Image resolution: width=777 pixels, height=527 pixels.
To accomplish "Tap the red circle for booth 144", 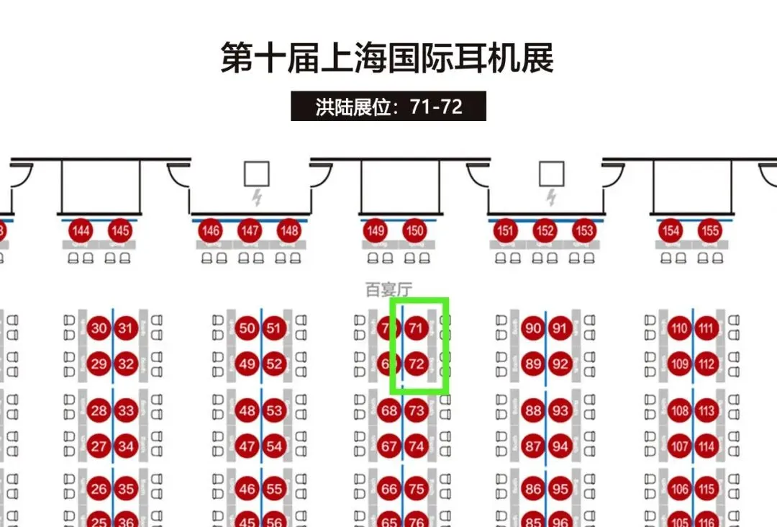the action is [x=81, y=231].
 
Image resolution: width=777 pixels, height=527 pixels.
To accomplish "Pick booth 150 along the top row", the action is [x=414, y=231].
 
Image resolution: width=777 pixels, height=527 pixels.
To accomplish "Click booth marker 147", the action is [x=250, y=231].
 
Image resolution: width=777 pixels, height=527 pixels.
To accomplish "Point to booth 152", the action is [x=545, y=231].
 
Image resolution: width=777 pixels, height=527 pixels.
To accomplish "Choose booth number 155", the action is [x=710, y=231].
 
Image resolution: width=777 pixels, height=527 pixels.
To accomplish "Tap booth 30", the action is [x=99, y=329].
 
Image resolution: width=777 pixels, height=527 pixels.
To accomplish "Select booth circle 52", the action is [x=274, y=364].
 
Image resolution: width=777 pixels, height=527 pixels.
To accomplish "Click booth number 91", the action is [x=560, y=329].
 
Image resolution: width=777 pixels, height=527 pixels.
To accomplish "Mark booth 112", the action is [x=706, y=364].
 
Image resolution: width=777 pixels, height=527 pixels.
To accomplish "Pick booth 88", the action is [x=533, y=411].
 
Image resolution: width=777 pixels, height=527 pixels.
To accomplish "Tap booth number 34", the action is [x=126, y=446].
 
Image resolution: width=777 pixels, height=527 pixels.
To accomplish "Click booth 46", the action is [x=247, y=490].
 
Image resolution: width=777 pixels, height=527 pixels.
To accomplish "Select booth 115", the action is [x=706, y=490].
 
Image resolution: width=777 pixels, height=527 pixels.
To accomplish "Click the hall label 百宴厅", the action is [x=388, y=290].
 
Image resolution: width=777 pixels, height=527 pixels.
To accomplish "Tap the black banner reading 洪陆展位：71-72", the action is [x=388, y=107].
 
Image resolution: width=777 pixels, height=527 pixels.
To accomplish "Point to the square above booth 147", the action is [x=256, y=174].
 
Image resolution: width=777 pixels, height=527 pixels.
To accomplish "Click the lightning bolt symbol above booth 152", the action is [x=551, y=197].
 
